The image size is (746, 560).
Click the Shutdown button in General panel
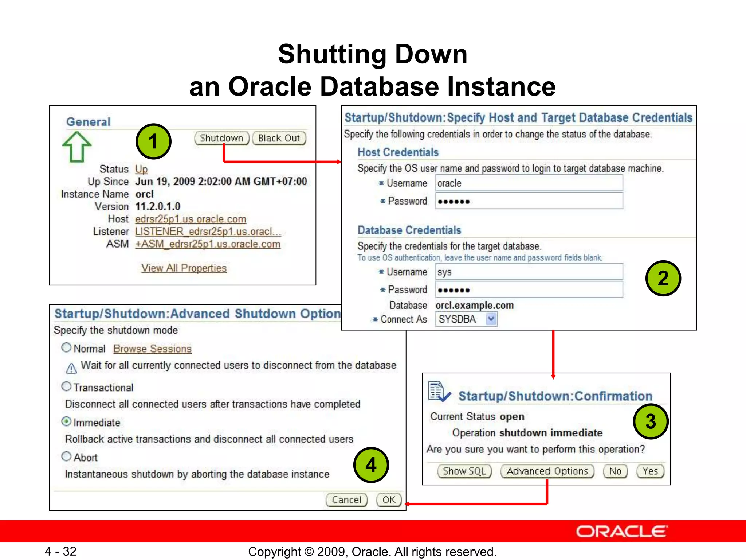coord(221,138)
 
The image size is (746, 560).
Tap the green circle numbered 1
coord(153,141)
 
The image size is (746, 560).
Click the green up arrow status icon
coord(76,147)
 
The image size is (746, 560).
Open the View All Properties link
coord(184,268)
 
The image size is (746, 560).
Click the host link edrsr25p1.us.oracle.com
coord(191,219)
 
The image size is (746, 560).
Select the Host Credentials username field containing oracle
coord(529,183)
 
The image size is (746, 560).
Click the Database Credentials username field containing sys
coord(529,272)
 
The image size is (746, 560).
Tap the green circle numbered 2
coord(663,278)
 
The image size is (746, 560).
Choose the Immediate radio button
coord(66,422)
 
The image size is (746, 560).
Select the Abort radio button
coord(66,456)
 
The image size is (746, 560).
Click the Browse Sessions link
coord(152,349)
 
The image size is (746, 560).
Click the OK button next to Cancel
coord(389,500)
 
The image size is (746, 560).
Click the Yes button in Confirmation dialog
coord(650,471)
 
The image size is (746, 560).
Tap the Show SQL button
coord(464,471)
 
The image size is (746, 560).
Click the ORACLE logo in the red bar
coord(621,532)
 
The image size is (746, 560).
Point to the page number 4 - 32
coord(60,551)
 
